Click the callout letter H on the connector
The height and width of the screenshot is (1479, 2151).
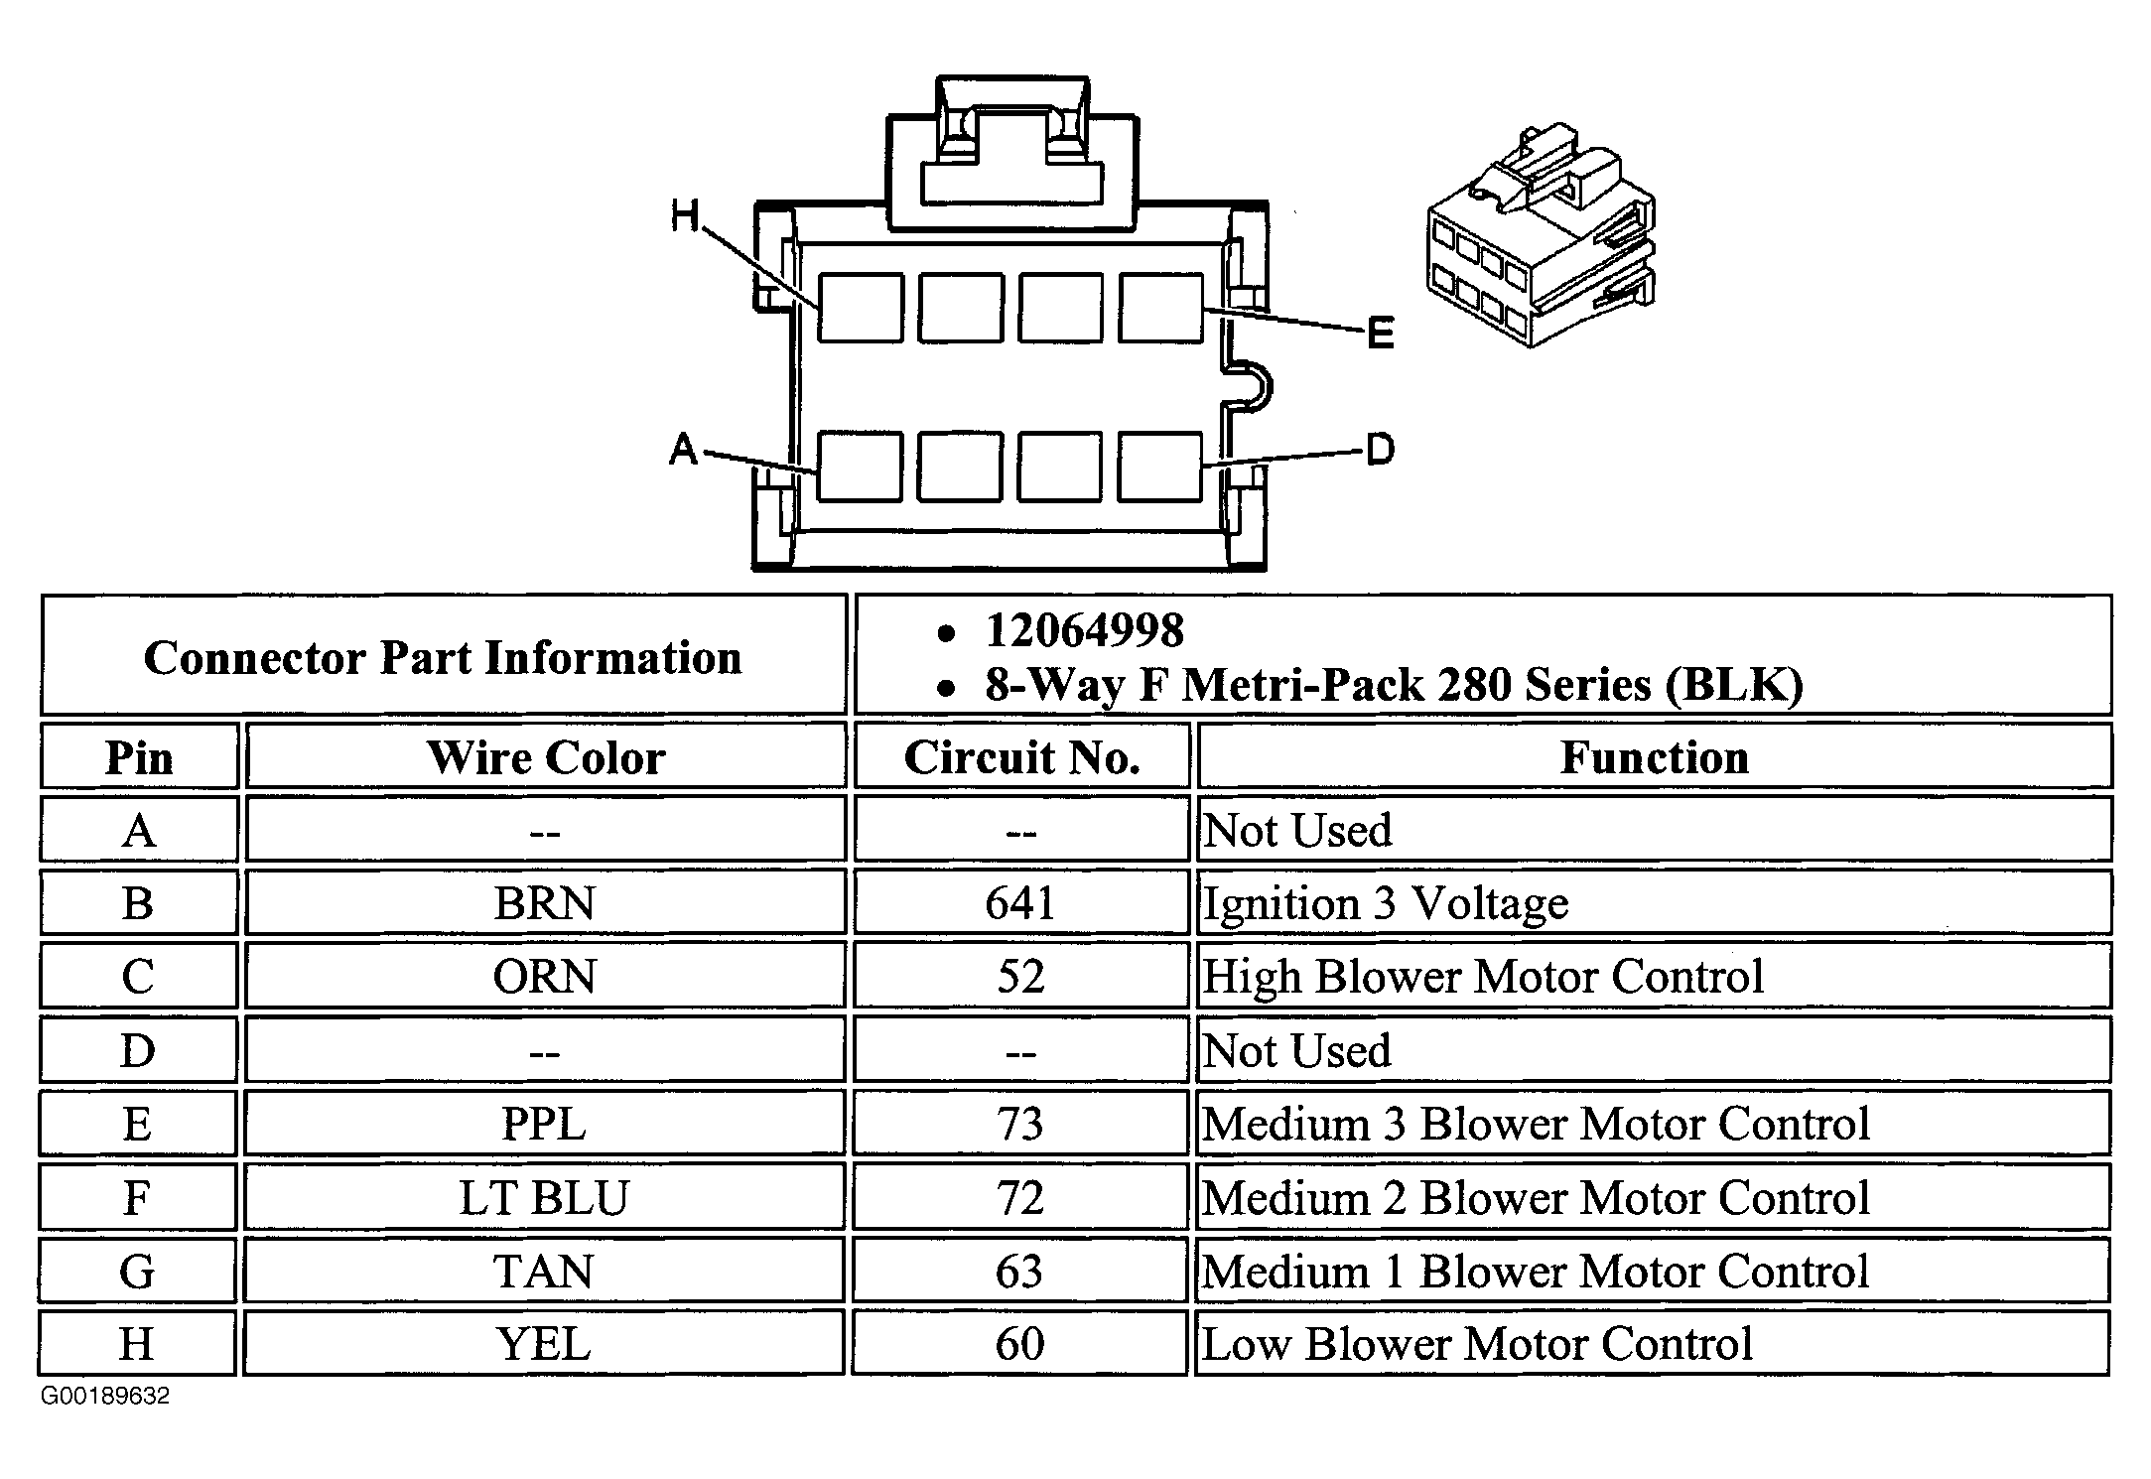[x=685, y=215]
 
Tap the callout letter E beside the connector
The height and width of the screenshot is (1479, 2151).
[x=1381, y=333]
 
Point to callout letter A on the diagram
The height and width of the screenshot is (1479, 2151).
[x=684, y=450]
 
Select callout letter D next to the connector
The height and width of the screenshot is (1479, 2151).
[x=1381, y=450]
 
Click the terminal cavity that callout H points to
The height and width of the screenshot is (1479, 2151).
[x=861, y=309]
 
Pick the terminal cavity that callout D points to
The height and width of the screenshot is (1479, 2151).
[x=1160, y=467]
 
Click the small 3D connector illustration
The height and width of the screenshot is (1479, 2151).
[x=1542, y=235]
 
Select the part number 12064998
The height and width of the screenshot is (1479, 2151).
[x=1085, y=630]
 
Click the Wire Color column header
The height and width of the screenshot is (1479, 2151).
[x=546, y=757]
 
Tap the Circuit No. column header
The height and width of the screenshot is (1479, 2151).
[x=1021, y=757]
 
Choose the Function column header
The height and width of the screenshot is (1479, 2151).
[x=1655, y=757]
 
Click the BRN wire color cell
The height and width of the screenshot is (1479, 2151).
[x=545, y=903]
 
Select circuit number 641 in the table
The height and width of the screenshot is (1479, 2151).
[x=1020, y=903]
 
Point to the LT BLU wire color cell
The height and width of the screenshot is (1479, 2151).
[x=544, y=1198]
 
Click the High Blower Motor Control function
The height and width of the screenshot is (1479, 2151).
[x=1483, y=977]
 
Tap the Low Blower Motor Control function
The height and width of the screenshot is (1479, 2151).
[x=1477, y=1344]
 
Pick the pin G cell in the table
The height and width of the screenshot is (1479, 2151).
[x=137, y=1272]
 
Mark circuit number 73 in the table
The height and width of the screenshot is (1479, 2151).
[x=1020, y=1125]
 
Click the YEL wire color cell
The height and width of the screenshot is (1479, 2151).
[x=544, y=1344]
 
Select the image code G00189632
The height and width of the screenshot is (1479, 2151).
[x=105, y=1397]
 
